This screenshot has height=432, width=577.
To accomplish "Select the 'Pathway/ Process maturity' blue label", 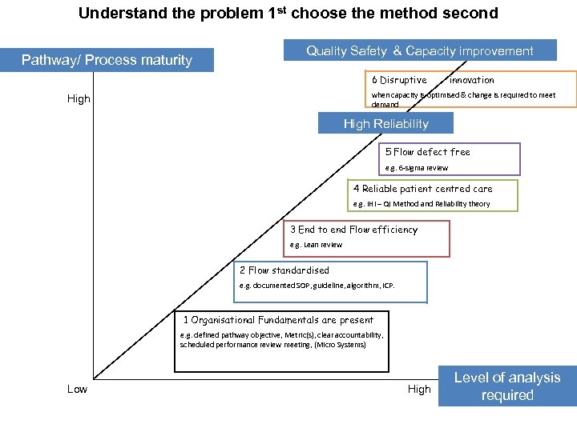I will [107, 60].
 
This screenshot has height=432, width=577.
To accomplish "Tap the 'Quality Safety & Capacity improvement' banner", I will [419, 50].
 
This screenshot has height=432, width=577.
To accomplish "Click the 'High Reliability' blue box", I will [385, 123].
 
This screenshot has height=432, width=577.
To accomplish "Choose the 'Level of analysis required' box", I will [507, 386].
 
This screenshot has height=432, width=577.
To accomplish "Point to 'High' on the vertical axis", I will [79, 99].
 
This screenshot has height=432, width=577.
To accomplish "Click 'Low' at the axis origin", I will [77, 389].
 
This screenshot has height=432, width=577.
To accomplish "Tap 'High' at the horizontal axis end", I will [419, 389].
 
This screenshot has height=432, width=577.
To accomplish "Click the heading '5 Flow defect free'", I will [428, 152].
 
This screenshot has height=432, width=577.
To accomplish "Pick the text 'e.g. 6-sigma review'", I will [417, 168].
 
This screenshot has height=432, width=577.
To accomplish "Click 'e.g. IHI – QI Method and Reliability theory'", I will [422, 204].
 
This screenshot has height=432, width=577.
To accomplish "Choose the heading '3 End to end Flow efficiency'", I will [353, 230].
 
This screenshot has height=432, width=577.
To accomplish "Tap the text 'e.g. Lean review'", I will [316, 245].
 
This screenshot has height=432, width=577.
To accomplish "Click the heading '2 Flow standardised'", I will [284, 270].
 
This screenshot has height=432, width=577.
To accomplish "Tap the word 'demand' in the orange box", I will [385, 104].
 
